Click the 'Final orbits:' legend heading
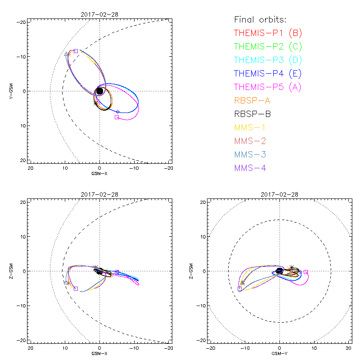click(x=261, y=19)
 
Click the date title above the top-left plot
click(x=99, y=15)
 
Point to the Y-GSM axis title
click(x=13, y=91)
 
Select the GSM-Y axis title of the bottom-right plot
click(x=279, y=353)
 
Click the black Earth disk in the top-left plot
click(x=100, y=91)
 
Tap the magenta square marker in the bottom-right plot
click(x=306, y=272)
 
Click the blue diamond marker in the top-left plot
click(x=118, y=112)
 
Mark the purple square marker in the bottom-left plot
click(x=76, y=288)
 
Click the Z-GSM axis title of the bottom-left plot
click(x=13, y=271)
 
